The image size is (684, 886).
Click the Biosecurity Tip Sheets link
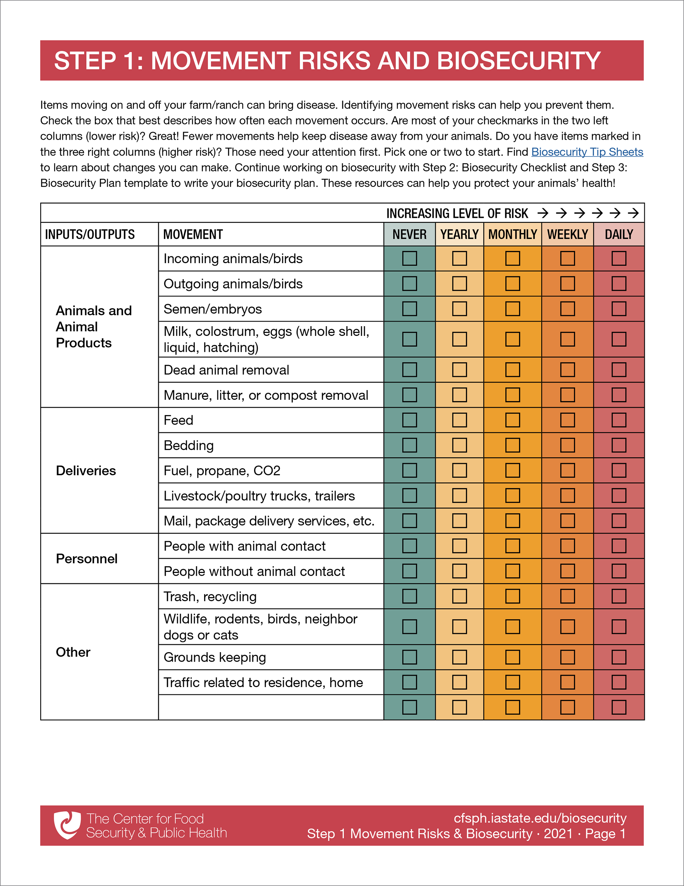587,152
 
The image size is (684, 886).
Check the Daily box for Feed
619,420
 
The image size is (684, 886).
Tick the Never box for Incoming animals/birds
409,258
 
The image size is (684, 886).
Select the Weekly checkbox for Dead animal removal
567,370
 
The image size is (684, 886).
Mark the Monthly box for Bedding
513,445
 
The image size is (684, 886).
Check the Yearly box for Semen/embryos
459,309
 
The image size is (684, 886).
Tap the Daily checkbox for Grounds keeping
619,657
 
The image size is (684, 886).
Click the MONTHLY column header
513,234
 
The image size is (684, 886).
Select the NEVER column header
409,234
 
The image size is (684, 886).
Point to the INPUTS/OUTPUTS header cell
90,234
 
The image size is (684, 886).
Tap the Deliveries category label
86,471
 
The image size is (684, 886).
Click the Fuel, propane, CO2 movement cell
222,471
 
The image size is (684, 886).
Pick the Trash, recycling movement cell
210,596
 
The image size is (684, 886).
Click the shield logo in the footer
67,825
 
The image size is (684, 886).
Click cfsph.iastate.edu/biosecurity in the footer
540,818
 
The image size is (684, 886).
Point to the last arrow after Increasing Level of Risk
633,213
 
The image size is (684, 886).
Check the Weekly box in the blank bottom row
567,707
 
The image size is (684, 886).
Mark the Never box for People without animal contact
409,571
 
